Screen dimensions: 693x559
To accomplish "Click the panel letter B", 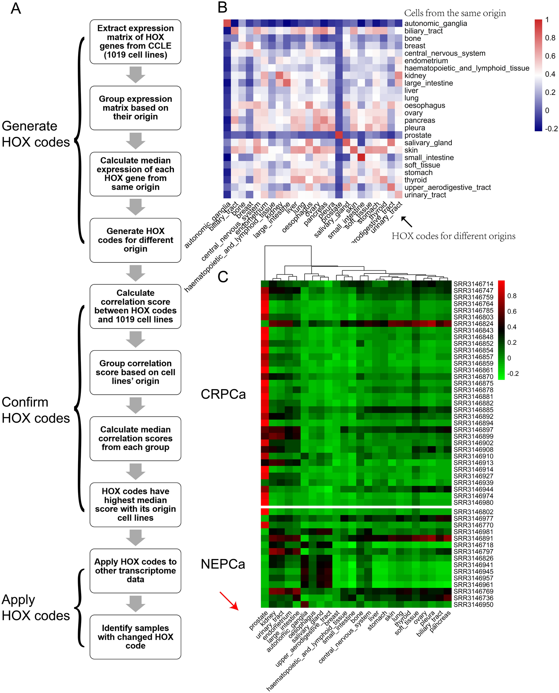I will pos(222,8).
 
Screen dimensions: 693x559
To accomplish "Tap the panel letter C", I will pos(223,276).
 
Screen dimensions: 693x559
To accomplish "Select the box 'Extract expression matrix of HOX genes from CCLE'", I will pos(135,41).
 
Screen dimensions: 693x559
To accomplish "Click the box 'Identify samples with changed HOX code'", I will pos(135,637).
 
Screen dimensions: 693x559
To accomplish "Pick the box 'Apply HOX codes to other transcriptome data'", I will pos(135,571).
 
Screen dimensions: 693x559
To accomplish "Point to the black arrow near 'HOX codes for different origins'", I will pos(406,222).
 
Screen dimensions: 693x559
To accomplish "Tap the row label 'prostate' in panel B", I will pos(418,135).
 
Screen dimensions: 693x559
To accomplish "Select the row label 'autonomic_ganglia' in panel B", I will pos(435,23).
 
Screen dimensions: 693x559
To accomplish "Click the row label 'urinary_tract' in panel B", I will pos(425,195).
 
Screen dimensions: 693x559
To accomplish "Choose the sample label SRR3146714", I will pos(473,284).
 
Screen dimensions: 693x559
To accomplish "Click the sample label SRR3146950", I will pos(473,605).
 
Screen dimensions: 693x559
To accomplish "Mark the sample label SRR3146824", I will pos(473,323).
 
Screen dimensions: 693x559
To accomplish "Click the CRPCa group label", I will pos(223,394).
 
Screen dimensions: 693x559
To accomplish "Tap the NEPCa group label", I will pos(223,564).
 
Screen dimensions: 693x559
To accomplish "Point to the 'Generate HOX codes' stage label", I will pos(36,134).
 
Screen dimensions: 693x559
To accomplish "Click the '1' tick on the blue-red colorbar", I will pos(547,20).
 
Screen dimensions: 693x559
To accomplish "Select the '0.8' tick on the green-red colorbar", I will pos(512,296).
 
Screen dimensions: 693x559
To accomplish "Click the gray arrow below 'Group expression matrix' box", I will pos(135,141).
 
